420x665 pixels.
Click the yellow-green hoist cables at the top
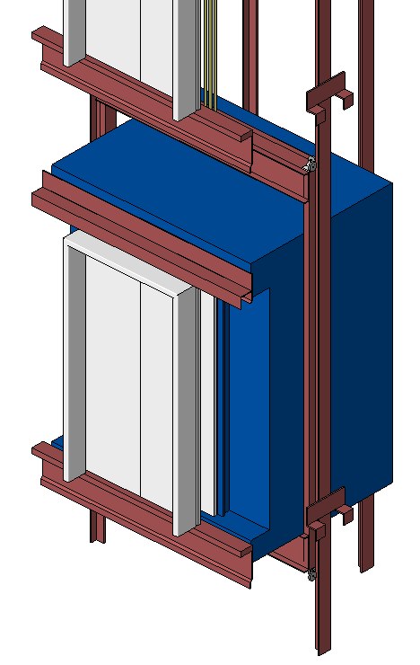pyautogui.click(x=210, y=45)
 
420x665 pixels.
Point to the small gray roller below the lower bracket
pyautogui.click(x=311, y=574)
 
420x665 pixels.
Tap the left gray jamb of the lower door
pyautogui.click(x=73, y=359)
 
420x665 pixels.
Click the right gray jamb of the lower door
pyautogui.click(x=186, y=413)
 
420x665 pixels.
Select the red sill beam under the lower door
pyautogui.click(x=144, y=521)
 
